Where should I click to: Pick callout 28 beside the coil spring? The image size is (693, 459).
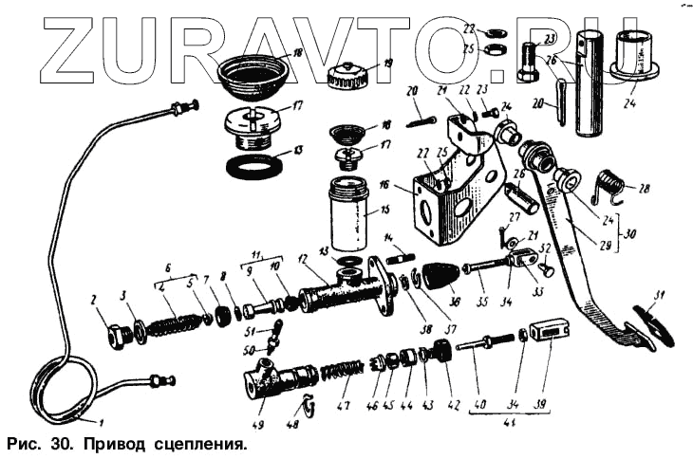tap(646, 189)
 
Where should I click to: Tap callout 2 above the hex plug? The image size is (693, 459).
tap(94, 301)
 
